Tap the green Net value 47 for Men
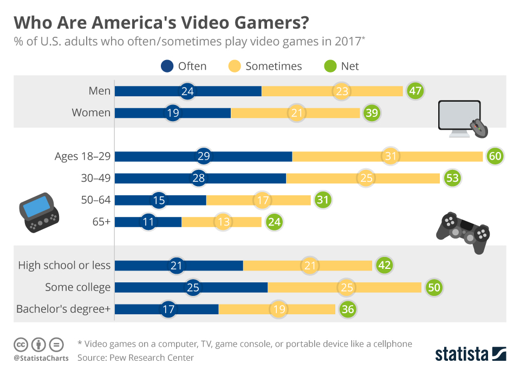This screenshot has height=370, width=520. click(x=415, y=91)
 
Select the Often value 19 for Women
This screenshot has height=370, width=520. click(x=173, y=113)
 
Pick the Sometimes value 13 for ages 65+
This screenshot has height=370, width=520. click(x=223, y=222)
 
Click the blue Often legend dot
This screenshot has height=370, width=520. click(x=167, y=67)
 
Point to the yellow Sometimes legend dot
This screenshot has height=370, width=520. click(x=235, y=67)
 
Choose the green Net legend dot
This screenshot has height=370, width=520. click(x=330, y=67)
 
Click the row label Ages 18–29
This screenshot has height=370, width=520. click(x=82, y=156)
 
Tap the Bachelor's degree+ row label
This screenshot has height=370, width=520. click(x=63, y=309)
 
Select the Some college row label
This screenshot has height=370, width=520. click(x=78, y=287)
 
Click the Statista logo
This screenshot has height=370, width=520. click(x=471, y=354)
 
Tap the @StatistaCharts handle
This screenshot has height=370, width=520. click(x=41, y=358)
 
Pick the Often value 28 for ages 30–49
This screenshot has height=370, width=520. click(x=198, y=178)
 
